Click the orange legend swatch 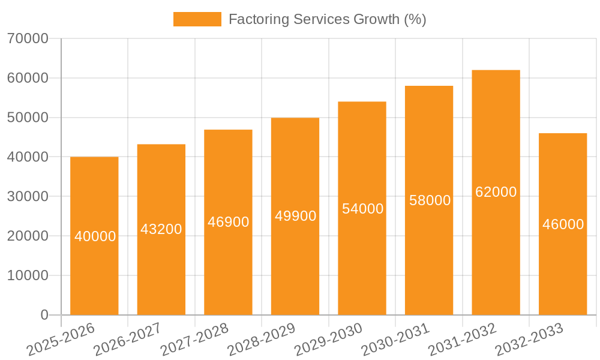197,19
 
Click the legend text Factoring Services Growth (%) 327,19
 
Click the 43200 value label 161,229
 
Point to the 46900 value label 228,222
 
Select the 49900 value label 295,216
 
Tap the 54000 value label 362,209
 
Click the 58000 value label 430,200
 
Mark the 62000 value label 496,192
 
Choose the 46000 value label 563,224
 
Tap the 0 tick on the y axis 44,315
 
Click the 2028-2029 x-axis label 262,340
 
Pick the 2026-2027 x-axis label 128,340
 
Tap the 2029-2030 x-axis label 329,340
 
